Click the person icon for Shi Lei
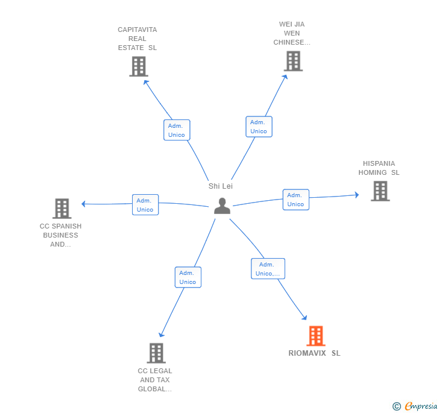(x=222, y=206)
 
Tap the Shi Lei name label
(x=221, y=186)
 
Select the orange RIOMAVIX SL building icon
(x=315, y=336)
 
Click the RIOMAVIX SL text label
(x=314, y=353)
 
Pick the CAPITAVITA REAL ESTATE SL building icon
(x=138, y=66)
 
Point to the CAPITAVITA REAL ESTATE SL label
(x=137, y=39)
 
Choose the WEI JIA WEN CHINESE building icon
(x=292, y=61)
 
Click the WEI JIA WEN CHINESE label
(x=292, y=34)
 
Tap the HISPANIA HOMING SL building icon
(x=380, y=191)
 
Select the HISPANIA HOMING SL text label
(x=379, y=168)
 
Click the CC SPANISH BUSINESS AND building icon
(x=62, y=209)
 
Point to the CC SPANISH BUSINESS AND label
(x=60, y=235)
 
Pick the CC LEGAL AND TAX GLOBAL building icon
(x=156, y=353)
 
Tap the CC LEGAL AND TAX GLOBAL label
(x=155, y=380)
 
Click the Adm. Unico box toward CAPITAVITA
(x=177, y=130)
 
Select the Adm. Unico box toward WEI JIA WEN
(x=259, y=127)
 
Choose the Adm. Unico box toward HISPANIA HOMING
(x=295, y=200)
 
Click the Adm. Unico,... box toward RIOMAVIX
(x=268, y=269)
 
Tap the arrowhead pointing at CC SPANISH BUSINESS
(x=84, y=204)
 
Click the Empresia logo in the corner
(x=415, y=406)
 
